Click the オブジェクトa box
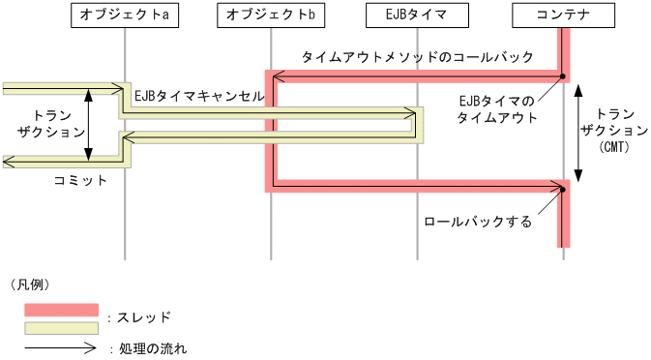[x=125, y=15]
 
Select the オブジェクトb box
[x=271, y=15]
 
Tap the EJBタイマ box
[x=417, y=15]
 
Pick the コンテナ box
[x=563, y=15]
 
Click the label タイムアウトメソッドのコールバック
[x=417, y=57]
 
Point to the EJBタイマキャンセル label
[x=198, y=97]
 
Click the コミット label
[x=80, y=180]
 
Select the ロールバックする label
[x=478, y=222]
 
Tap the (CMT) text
[x=613, y=146]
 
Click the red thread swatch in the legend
[x=62, y=310]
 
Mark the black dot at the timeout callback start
[x=562, y=75]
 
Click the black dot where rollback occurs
[x=562, y=189]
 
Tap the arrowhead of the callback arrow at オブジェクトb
[x=277, y=75]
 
